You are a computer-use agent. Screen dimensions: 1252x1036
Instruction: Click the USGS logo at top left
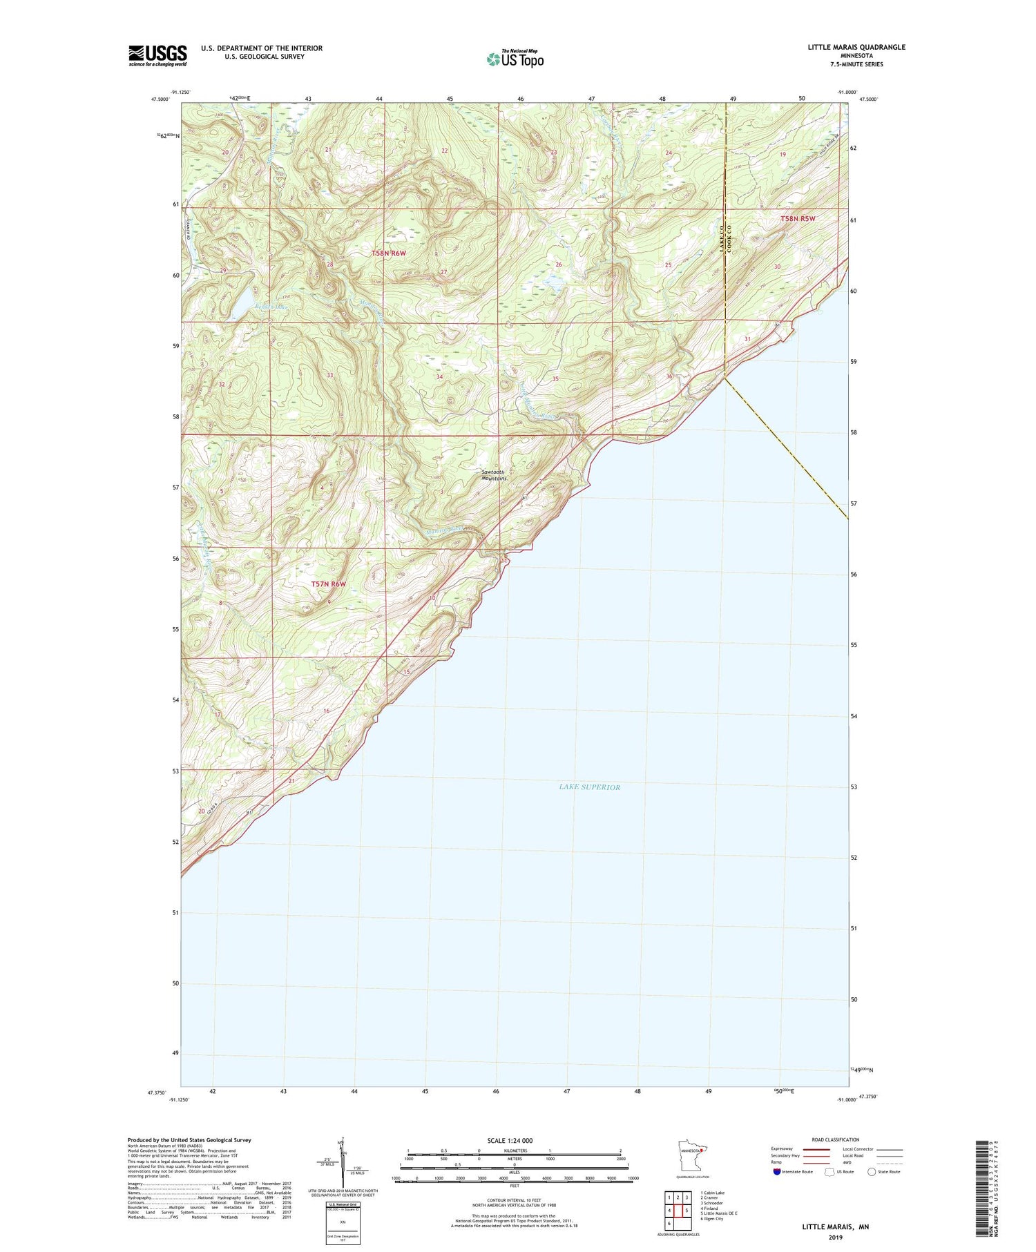click(x=157, y=55)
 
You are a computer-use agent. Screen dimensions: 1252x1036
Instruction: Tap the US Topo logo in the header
click(x=515, y=59)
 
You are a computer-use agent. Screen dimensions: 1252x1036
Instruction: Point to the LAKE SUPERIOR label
click(x=589, y=787)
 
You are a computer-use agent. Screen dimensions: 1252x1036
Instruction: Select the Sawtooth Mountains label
click(x=494, y=475)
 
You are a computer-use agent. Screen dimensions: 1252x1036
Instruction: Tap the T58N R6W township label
click(x=389, y=253)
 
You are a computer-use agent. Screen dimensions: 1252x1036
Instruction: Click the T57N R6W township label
click(x=328, y=584)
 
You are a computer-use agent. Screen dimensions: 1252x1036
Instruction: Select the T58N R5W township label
click(x=798, y=219)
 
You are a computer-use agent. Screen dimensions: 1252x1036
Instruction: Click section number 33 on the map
click(x=330, y=375)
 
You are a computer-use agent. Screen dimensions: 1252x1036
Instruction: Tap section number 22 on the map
click(x=445, y=151)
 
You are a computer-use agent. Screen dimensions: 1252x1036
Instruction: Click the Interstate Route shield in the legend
click(x=777, y=1172)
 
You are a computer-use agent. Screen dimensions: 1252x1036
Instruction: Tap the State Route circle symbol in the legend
click(x=872, y=1172)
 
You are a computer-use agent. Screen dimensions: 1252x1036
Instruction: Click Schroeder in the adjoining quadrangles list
click(x=711, y=1203)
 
